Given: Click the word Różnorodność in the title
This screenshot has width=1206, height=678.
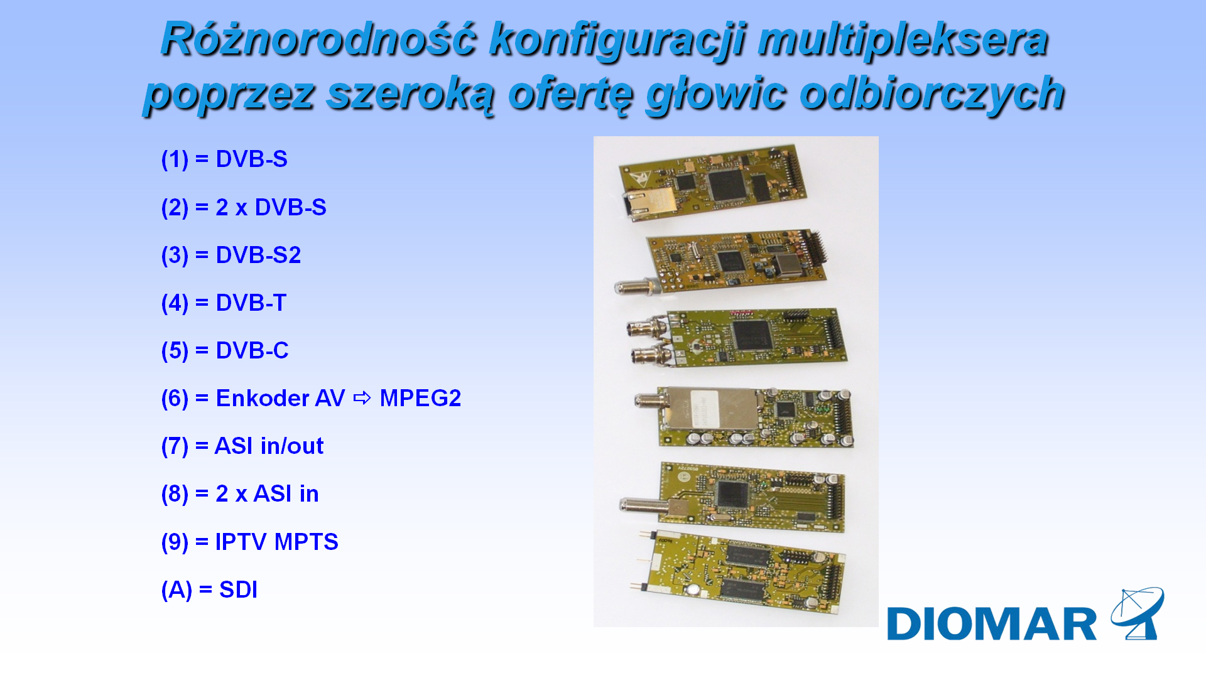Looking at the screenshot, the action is click(318, 39).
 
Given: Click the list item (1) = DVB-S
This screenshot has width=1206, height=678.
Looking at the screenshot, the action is click(224, 159).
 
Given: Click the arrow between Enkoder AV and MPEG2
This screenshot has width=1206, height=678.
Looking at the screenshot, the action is click(362, 398).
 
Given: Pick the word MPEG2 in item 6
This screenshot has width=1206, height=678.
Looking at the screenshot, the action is click(420, 398).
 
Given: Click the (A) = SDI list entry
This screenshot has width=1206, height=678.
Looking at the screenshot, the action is click(209, 589).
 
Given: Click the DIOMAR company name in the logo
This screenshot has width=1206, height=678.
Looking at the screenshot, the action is click(992, 624).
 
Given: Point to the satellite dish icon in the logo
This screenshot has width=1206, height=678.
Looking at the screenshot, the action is click(1138, 613).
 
